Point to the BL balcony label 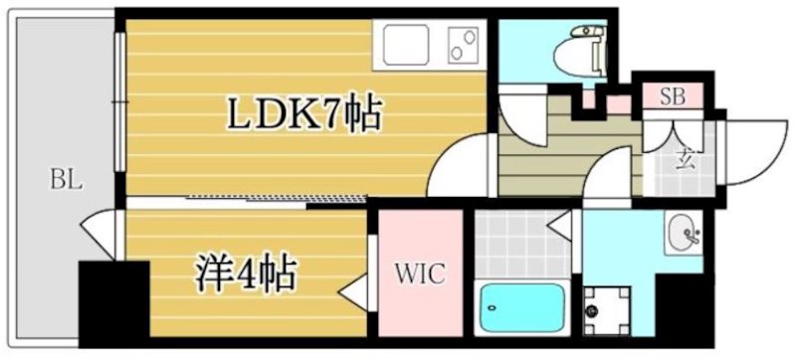(66, 181)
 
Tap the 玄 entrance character (685, 156)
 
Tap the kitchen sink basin (403, 46)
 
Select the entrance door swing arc (751, 149)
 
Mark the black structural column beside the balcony (112, 303)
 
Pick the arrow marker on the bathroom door (560, 227)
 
